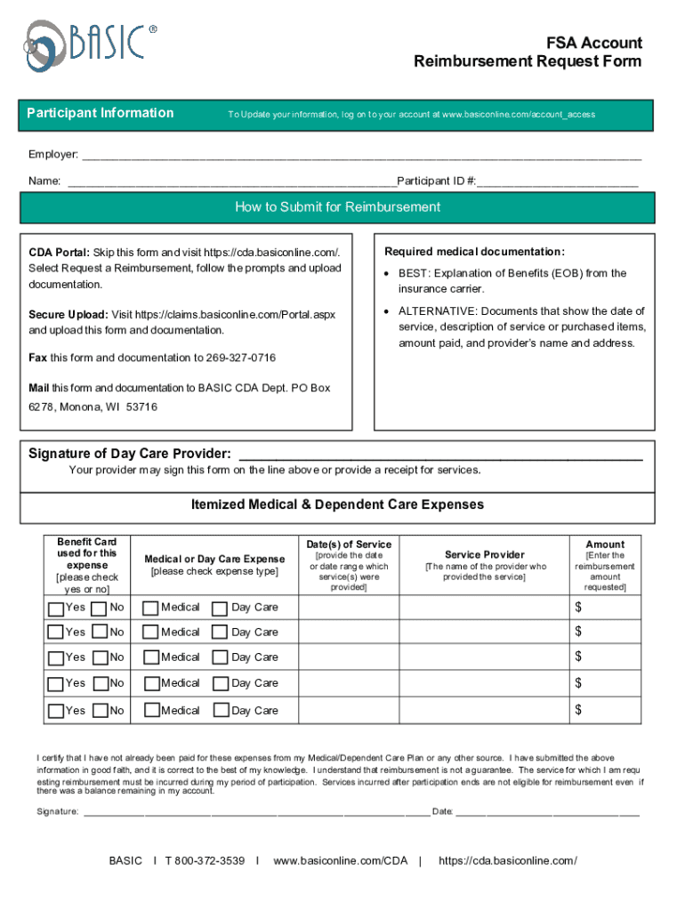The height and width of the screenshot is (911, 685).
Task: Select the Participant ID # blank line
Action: click(557, 182)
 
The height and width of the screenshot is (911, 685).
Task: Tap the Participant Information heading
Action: click(101, 113)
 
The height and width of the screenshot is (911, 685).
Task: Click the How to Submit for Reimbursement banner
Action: click(337, 207)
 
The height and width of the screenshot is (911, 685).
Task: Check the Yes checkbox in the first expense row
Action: click(56, 609)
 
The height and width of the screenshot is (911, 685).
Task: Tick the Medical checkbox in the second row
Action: click(151, 633)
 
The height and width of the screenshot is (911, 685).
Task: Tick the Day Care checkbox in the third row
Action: click(219, 658)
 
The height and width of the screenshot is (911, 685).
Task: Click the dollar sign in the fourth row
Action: click(578, 683)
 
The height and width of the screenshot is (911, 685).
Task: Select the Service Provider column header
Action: click(485, 554)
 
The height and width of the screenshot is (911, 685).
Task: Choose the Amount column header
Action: click(605, 544)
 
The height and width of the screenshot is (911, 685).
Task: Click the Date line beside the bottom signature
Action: click(549, 812)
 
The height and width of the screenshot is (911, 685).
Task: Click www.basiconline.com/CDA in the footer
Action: click(340, 860)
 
